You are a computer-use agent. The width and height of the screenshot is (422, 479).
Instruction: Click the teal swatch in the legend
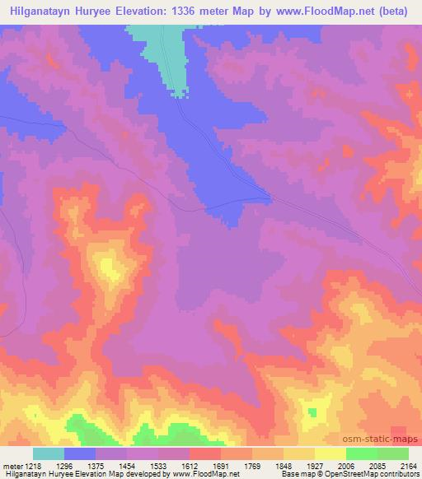pyautogui.click(x=49, y=453)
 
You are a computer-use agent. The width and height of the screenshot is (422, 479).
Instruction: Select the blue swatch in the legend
pyautogui.click(x=81, y=453)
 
